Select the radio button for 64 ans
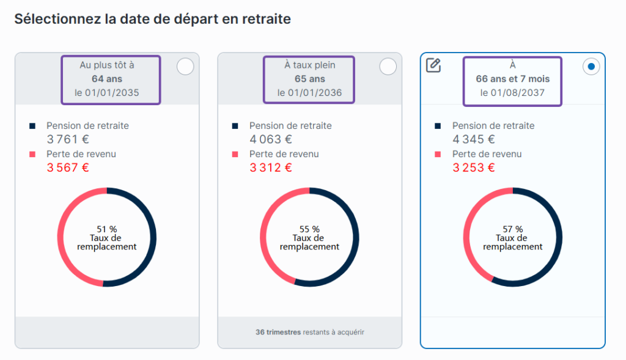(185, 66)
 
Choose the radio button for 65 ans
(388, 66)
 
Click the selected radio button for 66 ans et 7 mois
(591, 66)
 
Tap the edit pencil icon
(433, 65)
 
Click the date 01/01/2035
(112, 92)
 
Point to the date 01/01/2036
(315, 92)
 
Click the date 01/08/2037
(517, 92)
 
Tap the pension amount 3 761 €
(68, 139)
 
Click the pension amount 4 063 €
(271, 139)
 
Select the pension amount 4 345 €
(474, 139)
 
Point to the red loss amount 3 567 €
(68, 167)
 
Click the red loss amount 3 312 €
(271, 167)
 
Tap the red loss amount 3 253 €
(474, 167)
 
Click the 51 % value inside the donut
(106, 229)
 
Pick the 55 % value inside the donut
(309, 229)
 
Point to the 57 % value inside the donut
(513, 229)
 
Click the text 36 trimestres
(278, 332)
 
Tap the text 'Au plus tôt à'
(107, 65)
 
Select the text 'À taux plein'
(310, 65)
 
